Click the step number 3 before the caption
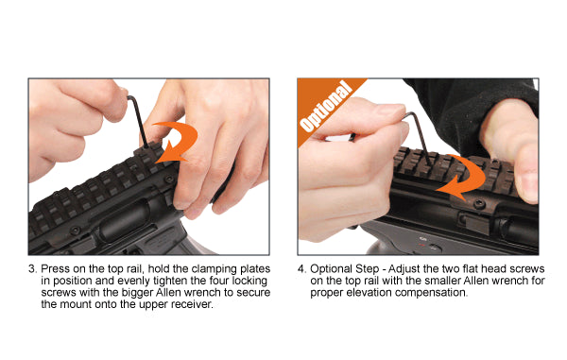tap(32, 269)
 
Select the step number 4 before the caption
tap(301, 269)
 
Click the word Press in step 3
tap(56, 269)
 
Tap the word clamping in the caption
tap(214, 269)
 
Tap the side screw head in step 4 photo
tap(480, 204)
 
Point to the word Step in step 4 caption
tap(368, 269)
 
